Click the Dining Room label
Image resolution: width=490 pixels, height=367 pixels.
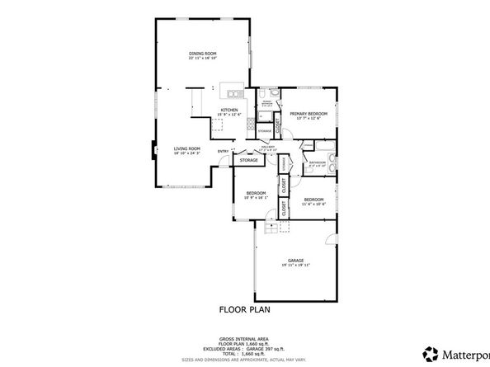pos(202,53)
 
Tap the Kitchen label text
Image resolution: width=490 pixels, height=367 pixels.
pos(229,110)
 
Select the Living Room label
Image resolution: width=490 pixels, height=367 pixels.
pos(186,148)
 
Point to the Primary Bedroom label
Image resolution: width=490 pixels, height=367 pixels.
pos(308,113)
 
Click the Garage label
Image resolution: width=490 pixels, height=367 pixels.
pos(296,261)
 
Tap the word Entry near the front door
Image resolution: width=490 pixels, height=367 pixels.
pos(223,152)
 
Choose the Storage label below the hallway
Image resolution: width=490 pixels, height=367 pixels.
pos(248,159)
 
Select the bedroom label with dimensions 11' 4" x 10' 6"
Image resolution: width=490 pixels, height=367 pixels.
pos(313,200)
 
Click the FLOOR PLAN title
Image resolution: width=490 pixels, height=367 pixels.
pos(244,310)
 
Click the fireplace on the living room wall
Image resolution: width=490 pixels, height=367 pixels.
pos(152,149)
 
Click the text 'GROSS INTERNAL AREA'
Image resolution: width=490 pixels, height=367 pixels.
pos(243,339)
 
